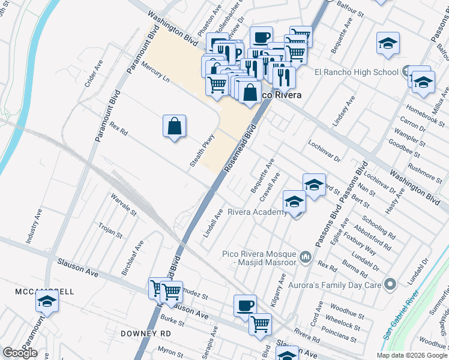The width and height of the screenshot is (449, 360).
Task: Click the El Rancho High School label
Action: click(357, 73)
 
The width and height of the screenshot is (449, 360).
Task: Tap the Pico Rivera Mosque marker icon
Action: click(306, 258)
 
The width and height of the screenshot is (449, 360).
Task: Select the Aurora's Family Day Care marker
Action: click(391, 283)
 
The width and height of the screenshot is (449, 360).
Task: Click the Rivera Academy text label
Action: click(257, 212)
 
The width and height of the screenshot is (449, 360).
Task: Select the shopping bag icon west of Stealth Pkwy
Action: click(174, 126)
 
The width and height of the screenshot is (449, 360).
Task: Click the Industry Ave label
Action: click(32, 226)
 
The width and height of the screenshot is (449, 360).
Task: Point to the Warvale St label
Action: click(124, 205)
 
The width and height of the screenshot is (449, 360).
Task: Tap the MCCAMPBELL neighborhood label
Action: click(44, 292)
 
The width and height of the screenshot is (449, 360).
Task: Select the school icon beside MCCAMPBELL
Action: click(47, 303)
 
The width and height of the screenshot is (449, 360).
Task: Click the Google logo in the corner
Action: click(20, 353)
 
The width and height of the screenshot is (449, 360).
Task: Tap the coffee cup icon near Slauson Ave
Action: click(244, 305)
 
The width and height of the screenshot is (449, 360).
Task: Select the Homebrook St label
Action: click(424, 112)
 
